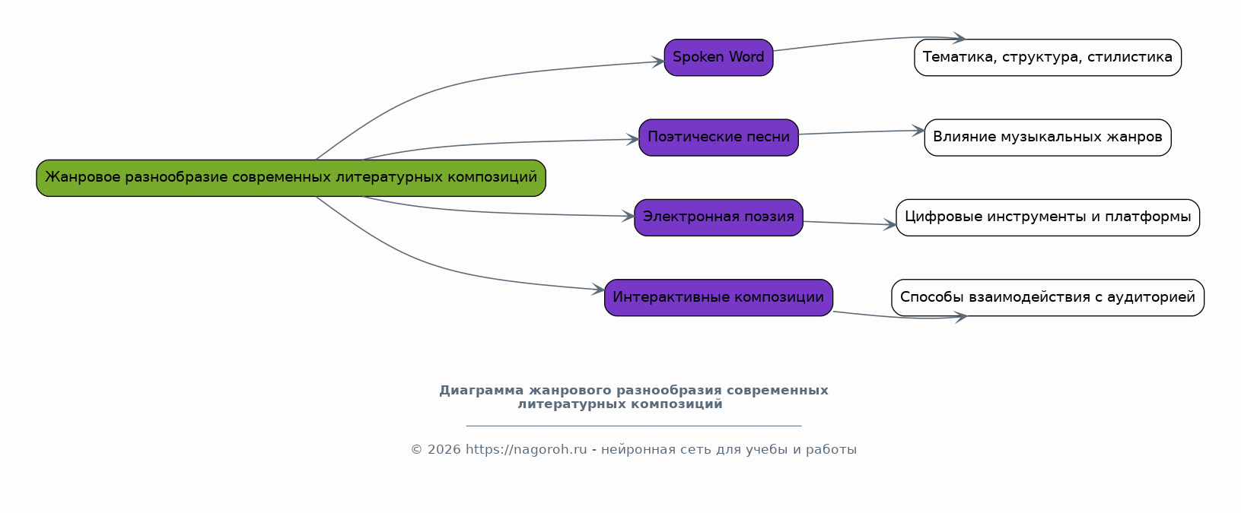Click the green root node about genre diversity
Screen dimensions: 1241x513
tap(291, 178)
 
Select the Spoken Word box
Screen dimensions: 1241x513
tap(718, 58)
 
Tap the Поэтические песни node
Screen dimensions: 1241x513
tap(718, 138)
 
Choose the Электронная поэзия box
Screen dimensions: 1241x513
tap(718, 217)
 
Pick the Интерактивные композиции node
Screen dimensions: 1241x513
tap(718, 298)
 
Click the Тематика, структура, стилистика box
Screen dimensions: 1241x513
tap(1048, 58)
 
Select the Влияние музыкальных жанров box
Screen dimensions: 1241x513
tap(1048, 138)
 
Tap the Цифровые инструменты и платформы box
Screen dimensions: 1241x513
tap(1048, 217)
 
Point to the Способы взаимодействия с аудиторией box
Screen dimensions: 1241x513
tap(1048, 298)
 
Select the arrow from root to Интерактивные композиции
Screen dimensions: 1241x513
tap(443, 268)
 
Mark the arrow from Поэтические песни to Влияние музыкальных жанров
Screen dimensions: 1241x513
tap(861, 131)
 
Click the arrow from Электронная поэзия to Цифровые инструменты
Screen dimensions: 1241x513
tap(849, 223)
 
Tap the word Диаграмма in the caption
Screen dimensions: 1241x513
tap(482, 391)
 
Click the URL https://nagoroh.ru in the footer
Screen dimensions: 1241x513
tap(526, 449)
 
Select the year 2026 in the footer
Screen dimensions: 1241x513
tap(444, 449)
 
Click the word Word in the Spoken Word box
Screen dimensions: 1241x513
tap(746, 57)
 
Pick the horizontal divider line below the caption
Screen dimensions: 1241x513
tap(634, 426)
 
